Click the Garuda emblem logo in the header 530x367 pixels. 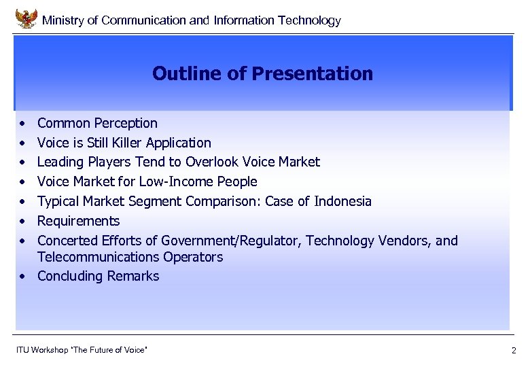(26, 18)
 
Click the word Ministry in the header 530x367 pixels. (63, 20)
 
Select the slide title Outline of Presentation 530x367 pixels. (262, 73)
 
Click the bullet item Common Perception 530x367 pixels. (97, 123)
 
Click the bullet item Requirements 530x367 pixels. (78, 221)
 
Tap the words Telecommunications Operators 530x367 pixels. (130, 257)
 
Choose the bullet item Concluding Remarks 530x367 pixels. (98, 276)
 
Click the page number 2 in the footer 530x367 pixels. (514, 351)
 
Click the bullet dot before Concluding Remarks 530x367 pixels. (23, 277)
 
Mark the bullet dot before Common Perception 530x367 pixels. (23, 124)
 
